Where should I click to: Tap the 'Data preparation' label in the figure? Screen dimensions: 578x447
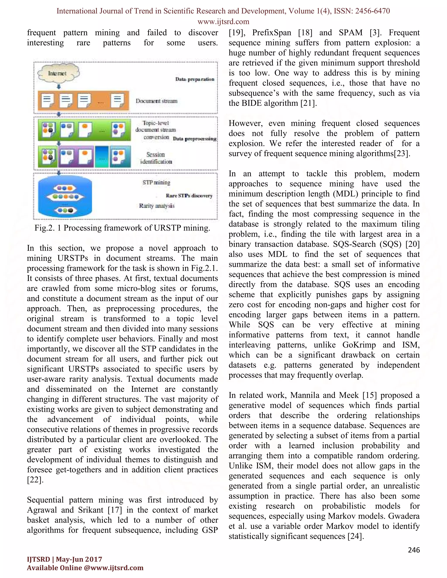click(x=195, y=79)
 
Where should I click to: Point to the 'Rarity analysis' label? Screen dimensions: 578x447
click(x=157, y=206)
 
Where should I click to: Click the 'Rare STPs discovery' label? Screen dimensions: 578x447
click(x=189, y=196)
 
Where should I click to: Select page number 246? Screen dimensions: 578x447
click(x=414, y=550)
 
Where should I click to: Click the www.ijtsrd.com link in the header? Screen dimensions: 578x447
click(x=223, y=21)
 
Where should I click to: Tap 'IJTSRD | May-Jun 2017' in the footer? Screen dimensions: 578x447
click(x=64, y=559)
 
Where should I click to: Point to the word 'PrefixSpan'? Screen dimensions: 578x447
click(x=272, y=32)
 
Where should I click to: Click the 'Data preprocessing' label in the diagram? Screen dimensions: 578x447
click(x=195, y=139)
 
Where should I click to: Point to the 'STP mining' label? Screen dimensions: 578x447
click(x=156, y=182)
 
